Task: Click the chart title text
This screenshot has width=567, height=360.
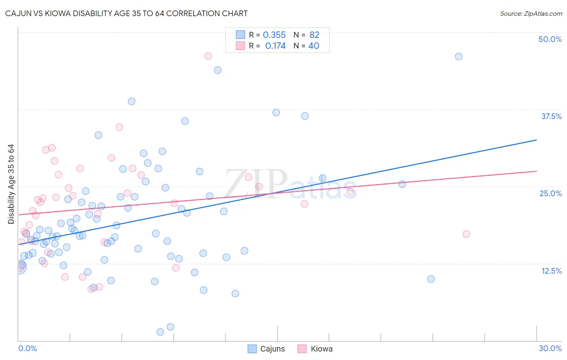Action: [x=126, y=13]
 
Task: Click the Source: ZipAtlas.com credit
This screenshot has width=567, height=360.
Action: [x=531, y=13]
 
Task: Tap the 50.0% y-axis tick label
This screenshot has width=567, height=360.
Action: [x=550, y=39]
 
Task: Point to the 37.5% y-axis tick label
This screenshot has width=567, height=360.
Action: [x=551, y=116]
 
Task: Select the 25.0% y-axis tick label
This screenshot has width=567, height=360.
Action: [x=550, y=193]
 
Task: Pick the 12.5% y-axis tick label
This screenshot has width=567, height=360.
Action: [x=551, y=271]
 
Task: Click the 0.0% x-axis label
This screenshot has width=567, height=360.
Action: [x=27, y=348]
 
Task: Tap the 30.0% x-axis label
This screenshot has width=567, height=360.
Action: [x=550, y=348]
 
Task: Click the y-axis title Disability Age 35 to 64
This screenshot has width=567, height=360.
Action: [x=11, y=184]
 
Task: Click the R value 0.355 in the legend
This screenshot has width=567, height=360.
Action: [x=274, y=35]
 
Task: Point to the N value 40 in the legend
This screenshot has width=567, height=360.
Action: [x=314, y=46]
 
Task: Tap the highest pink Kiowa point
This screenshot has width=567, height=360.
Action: [x=208, y=56]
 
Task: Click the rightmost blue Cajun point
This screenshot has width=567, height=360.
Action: [x=459, y=57]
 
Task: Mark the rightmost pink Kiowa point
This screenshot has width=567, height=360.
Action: [x=466, y=234]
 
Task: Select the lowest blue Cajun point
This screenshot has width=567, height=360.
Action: [x=160, y=332]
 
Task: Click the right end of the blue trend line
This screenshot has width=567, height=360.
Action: [x=536, y=140]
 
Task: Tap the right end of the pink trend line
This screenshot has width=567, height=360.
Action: [x=536, y=171]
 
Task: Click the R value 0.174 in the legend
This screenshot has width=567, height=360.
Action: [x=275, y=46]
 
